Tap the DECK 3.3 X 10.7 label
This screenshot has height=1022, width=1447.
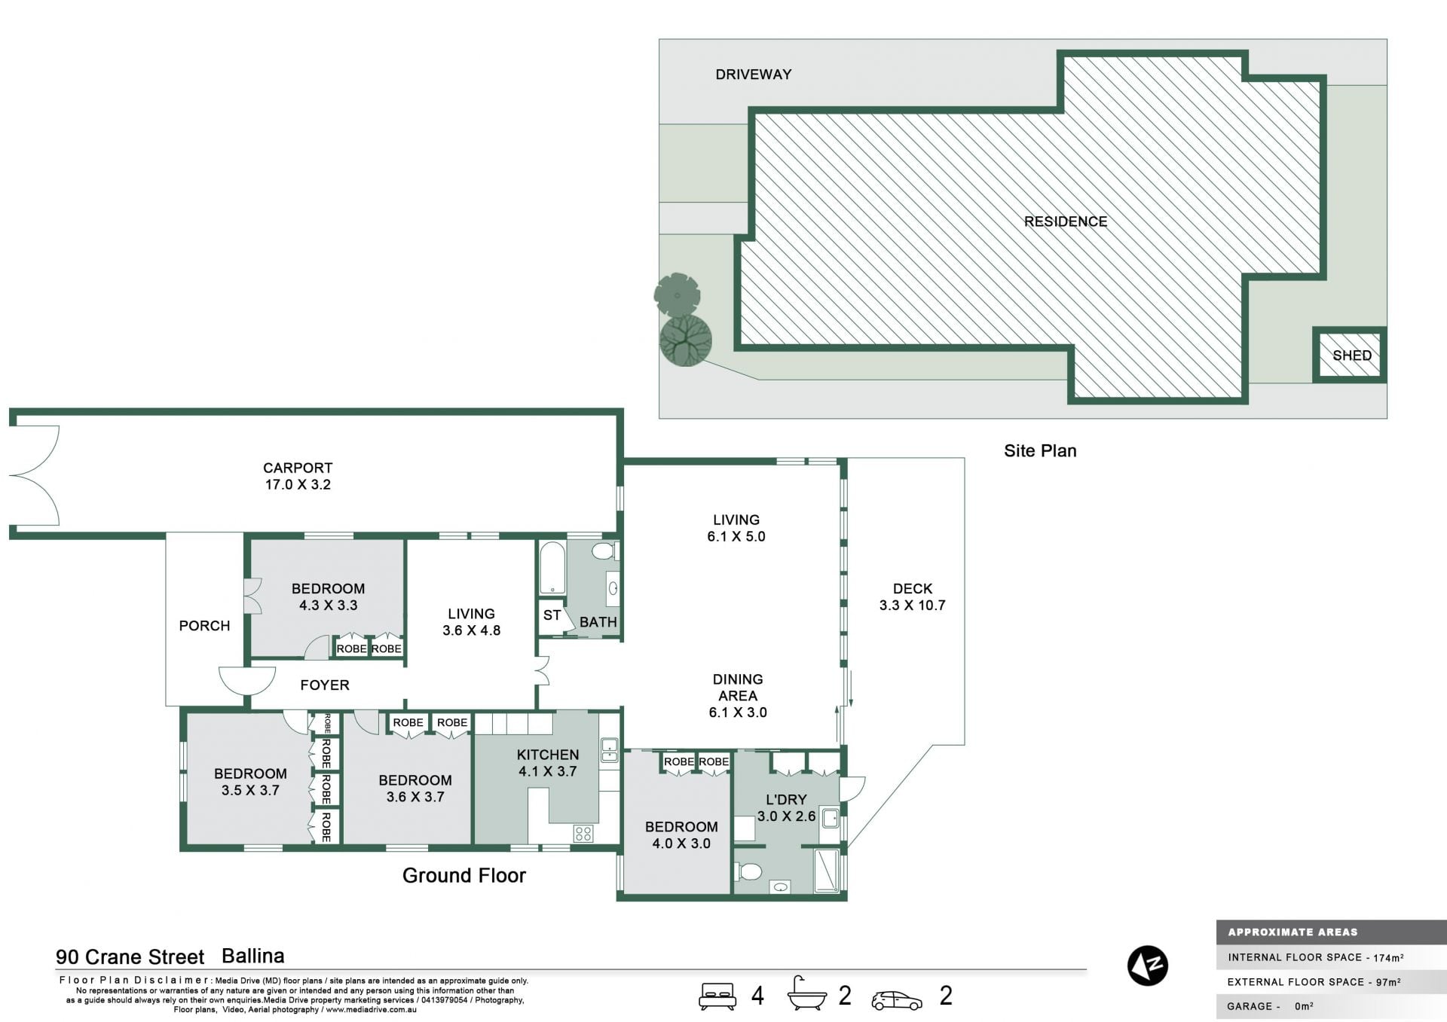click(x=912, y=596)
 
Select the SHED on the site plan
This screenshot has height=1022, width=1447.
click(x=1349, y=355)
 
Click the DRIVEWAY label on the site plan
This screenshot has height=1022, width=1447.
click(x=753, y=75)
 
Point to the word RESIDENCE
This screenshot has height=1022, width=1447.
click(x=1065, y=221)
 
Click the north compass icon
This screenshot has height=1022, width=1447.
click(x=1147, y=966)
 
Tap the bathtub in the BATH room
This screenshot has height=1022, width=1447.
click(x=552, y=568)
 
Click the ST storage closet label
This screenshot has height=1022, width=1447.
click(x=552, y=615)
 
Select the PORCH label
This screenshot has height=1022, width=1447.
click(x=204, y=626)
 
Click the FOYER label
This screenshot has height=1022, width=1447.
click(x=325, y=685)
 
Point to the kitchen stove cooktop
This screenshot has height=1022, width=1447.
click(x=583, y=833)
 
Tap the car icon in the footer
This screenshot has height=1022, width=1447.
click(x=897, y=1000)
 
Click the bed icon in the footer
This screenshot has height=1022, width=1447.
click(x=717, y=996)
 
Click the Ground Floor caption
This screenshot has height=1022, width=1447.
click(x=464, y=875)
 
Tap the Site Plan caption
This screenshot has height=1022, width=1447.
click(x=1040, y=450)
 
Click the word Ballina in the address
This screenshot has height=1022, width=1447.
click(x=253, y=956)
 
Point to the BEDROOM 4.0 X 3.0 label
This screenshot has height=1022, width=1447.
click(x=681, y=835)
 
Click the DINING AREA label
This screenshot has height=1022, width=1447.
click(x=738, y=688)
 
